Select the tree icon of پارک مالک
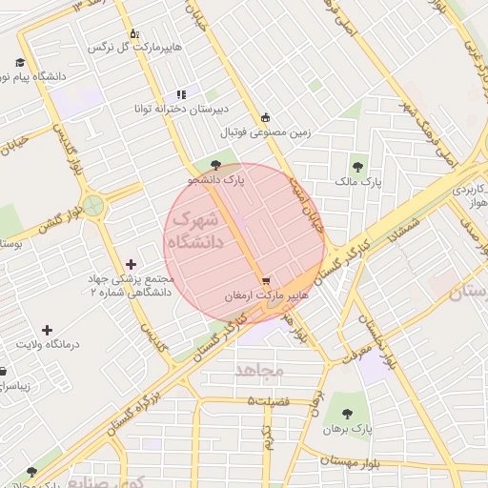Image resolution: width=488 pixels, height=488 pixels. [x=359, y=165]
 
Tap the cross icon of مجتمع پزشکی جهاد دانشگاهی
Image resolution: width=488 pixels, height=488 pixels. [x=131, y=264]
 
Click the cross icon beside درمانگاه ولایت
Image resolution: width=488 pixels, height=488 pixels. [x=47, y=329]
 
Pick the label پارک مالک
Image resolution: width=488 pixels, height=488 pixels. [x=358, y=179]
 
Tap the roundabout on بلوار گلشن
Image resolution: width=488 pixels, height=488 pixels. [x=93, y=205]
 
